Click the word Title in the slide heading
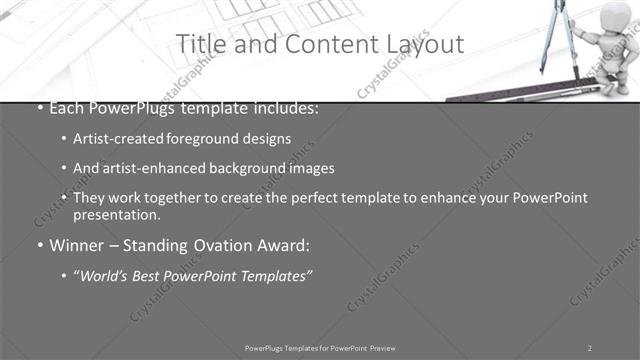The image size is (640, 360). click(x=201, y=44)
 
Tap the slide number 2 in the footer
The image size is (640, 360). click(x=590, y=347)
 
